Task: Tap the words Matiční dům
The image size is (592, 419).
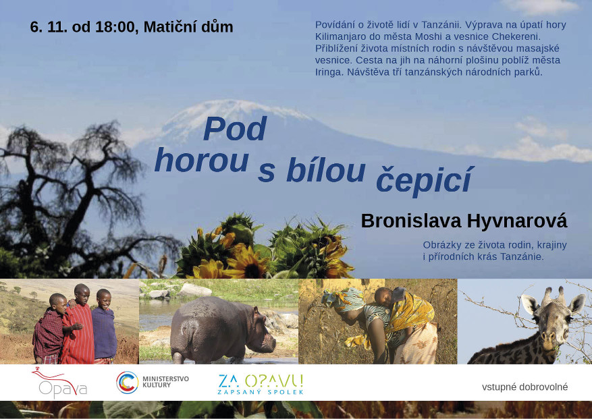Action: point(188,27)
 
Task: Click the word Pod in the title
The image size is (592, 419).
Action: point(235,129)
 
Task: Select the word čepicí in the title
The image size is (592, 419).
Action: point(425,179)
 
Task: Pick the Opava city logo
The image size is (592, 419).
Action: point(60,383)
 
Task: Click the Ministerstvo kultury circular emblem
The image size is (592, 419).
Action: point(127,383)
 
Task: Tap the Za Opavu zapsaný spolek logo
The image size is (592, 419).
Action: point(261,384)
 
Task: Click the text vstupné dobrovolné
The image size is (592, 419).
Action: point(524,387)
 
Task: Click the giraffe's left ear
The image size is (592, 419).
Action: point(529,303)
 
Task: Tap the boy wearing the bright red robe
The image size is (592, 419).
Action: point(80,325)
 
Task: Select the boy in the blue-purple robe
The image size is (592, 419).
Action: point(104,327)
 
